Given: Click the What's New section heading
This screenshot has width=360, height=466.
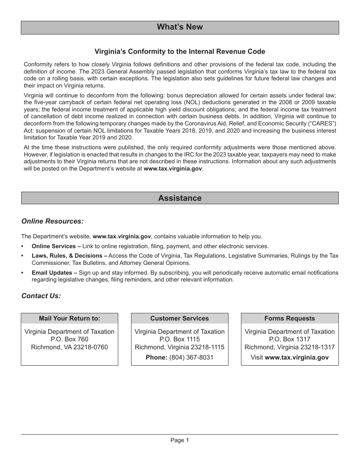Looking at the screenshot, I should pyautogui.click(x=180, y=27).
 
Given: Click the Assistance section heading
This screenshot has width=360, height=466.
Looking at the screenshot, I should pyautogui.click(x=180, y=198).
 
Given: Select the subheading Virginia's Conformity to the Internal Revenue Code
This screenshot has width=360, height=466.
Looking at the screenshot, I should pyautogui.click(x=180, y=52).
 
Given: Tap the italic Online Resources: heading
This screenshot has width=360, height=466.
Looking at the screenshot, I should pyautogui.click(x=52, y=221).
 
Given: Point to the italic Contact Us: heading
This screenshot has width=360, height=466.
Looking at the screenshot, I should pyautogui.click(x=41, y=296).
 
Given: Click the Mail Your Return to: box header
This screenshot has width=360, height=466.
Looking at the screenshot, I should pyautogui.click(x=69, y=319).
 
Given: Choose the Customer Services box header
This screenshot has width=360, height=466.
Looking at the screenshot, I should pyautogui.click(x=180, y=319).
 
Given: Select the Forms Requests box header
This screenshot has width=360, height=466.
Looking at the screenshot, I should pyautogui.click(x=290, y=319).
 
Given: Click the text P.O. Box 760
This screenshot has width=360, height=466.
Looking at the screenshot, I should pyautogui.click(x=69, y=339).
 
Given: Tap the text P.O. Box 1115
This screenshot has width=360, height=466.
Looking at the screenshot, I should pyautogui.click(x=180, y=339).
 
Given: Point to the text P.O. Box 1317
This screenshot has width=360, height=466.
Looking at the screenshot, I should pyautogui.click(x=290, y=339).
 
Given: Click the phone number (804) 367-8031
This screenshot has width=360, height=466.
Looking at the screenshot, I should pyautogui.click(x=191, y=358).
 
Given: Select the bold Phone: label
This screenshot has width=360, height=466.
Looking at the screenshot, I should pyautogui.click(x=157, y=358).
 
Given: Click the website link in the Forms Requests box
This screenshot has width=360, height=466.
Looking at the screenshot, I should pyautogui.click(x=297, y=358).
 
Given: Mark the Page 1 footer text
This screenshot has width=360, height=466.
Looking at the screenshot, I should pyautogui.click(x=180, y=440).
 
